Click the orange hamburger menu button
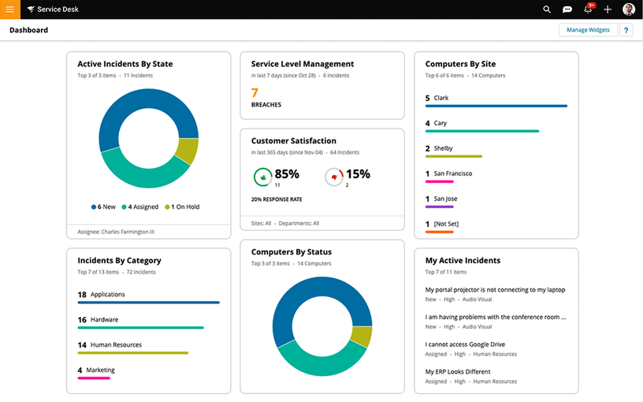[10, 9]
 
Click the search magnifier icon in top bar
[547, 9]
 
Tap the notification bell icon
[588, 9]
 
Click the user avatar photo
[629, 9]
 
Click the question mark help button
[626, 30]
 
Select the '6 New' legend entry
[103, 207]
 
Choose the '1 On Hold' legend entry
[182, 207]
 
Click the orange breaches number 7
[255, 92]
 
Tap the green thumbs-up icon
[262, 177]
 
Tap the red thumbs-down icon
[334, 177]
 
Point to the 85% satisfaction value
[287, 173]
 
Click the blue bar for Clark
[496, 106]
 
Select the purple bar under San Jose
[440, 207]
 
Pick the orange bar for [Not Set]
[440, 232]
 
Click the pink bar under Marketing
[94, 378]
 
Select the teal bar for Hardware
[140, 328]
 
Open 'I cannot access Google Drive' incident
[465, 344]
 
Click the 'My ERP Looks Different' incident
[458, 371]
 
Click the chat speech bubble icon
[567, 9]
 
